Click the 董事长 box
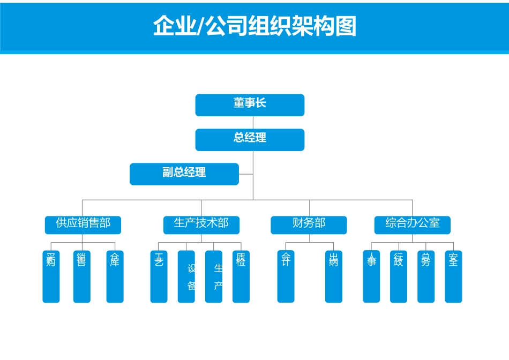pos(250,105)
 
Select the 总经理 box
pos(250,139)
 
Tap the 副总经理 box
pos(184,174)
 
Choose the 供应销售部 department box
pos(83,225)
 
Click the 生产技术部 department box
pos(201,225)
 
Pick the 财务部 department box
pos(309,225)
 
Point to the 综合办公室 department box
pos(412,225)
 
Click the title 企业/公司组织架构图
pos(254,26)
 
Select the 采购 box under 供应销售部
pos(51,276)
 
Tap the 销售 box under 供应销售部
pos(82,276)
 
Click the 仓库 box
pos(115,276)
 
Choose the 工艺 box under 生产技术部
pos(159,276)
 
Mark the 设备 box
pos(186,276)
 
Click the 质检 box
pos(241,276)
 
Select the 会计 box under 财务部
pos(286,276)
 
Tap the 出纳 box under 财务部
pos(334,276)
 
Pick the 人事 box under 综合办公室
pos(371,276)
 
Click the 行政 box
pos(399,276)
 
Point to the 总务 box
pos(426,276)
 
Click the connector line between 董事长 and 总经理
pos(253,123)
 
